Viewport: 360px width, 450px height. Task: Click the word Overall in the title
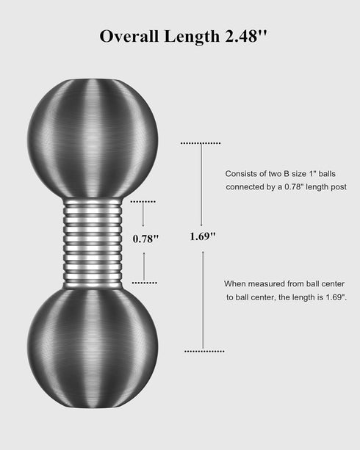click(x=129, y=36)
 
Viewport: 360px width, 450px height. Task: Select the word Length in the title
click(x=192, y=36)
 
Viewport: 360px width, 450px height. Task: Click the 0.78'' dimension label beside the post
click(x=145, y=239)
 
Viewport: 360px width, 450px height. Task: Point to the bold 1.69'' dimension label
click(x=203, y=236)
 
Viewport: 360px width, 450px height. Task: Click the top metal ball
click(x=93, y=138)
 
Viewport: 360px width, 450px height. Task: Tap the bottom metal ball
click(x=93, y=348)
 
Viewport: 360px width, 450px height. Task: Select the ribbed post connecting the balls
click(x=93, y=244)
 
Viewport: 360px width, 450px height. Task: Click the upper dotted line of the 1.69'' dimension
click(x=201, y=143)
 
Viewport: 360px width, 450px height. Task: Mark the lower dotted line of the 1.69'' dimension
click(x=204, y=352)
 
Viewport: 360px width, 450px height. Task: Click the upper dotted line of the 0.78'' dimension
click(x=143, y=202)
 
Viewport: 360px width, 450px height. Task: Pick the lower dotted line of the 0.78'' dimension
click(x=145, y=283)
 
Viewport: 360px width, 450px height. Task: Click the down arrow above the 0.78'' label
click(x=143, y=215)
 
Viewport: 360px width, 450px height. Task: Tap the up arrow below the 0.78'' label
click(x=144, y=266)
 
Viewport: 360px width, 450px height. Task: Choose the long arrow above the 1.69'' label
click(x=201, y=185)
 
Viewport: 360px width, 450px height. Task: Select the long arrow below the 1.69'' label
click(x=203, y=300)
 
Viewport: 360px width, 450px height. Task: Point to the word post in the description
click(x=338, y=187)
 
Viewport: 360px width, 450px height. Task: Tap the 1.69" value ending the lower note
click(x=336, y=297)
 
